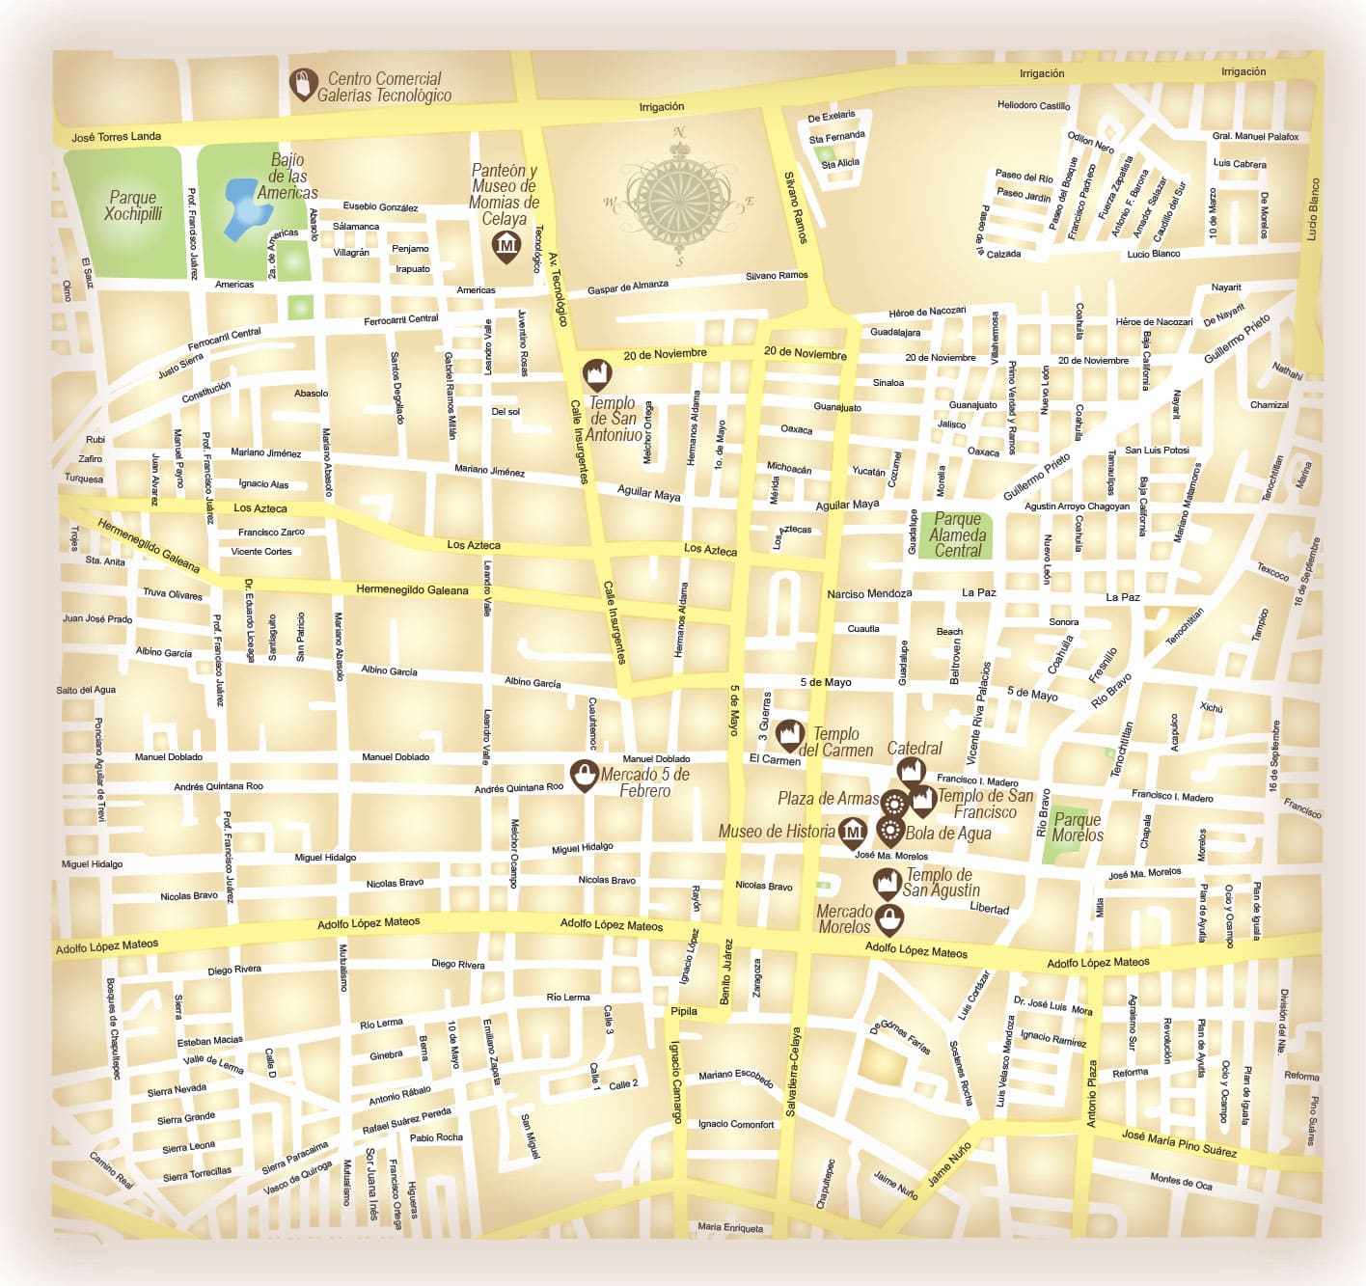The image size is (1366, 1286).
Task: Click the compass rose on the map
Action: pyautogui.click(x=679, y=201)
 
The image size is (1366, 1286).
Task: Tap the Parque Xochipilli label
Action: pyautogui.click(x=133, y=205)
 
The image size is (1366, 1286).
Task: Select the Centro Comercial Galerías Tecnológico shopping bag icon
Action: pyautogui.click(x=304, y=84)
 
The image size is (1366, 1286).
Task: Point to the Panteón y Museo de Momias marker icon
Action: pyautogui.click(x=505, y=247)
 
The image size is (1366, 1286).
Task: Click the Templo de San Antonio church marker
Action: pyautogui.click(x=597, y=374)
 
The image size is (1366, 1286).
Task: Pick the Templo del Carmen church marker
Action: pyautogui.click(x=791, y=735)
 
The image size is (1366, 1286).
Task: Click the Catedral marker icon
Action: pyautogui.click(x=911, y=771)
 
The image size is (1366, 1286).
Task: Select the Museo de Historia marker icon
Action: pyautogui.click(x=853, y=832)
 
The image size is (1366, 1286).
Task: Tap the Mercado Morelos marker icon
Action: pyautogui.click(x=888, y=919)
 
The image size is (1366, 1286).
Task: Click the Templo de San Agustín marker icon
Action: pyautogui.click(x=887, y=883)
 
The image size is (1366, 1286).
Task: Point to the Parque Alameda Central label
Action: pyautogui.click(x=958, y=534)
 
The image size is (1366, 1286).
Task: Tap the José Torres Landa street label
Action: pyautogui.click(x=116, y=137)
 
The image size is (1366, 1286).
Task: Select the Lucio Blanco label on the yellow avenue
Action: pyautogui.click(x=1314, y=208)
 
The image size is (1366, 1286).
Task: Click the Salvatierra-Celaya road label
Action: pyautogui.click(x=794, y=1071)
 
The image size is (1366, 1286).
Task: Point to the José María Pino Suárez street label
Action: pyautogui.click(x=1179, y=1143)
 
